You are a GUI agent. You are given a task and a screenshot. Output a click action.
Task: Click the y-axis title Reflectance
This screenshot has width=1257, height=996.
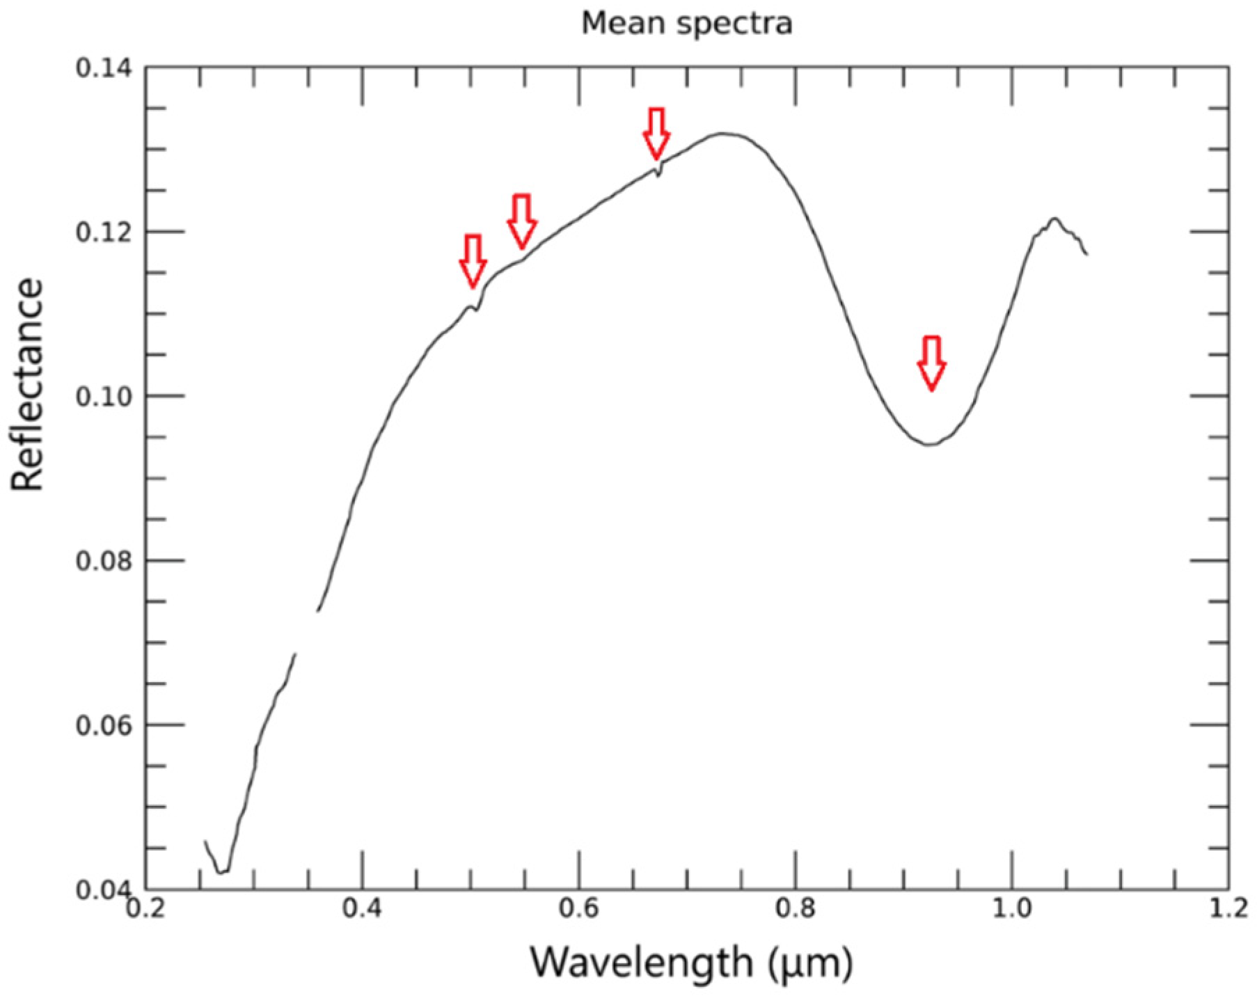click(x=28, y=384)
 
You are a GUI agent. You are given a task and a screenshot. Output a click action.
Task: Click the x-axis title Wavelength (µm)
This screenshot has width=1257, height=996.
click(x=691, y=963)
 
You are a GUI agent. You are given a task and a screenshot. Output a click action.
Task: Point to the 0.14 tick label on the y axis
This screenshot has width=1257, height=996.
click(x=104, y=68)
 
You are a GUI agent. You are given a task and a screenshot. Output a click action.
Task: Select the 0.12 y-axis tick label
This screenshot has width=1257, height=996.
click(x=104, y=232)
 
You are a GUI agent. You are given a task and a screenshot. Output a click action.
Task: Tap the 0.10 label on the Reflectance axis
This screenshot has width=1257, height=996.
click(x=104, y=396)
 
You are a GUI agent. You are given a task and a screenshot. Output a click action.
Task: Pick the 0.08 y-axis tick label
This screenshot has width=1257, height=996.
click(x=104, y=560)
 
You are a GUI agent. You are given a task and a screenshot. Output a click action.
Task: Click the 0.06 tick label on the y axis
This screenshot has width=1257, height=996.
click(x=104, y=725)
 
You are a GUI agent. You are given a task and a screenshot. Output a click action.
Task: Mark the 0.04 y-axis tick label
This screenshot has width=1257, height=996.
click(x=104, y=889)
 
